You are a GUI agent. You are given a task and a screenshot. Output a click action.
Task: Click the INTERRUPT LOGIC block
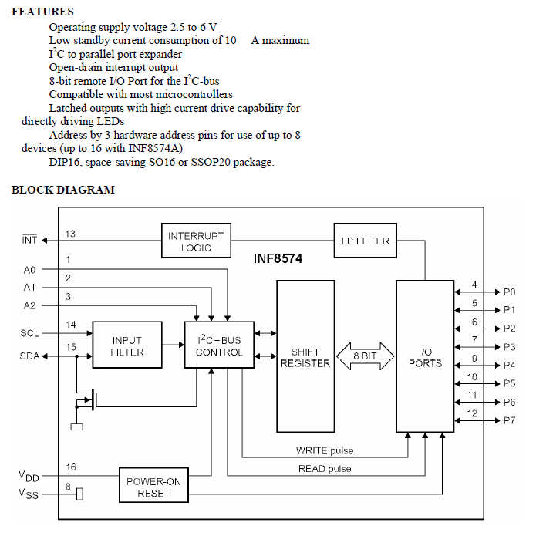[196, 241]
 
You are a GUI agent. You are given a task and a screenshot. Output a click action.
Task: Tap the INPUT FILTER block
[127, 346]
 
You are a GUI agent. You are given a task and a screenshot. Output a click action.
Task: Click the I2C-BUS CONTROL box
[218, 346]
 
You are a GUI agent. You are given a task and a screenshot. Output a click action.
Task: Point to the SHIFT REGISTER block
[305, 357]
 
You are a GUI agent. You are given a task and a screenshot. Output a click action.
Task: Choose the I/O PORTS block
[425, 356]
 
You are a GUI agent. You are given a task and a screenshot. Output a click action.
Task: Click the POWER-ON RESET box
[153, 487]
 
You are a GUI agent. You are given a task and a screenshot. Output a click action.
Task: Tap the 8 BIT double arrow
[365, 356]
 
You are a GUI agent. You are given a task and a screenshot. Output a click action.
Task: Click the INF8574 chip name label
[278, 260]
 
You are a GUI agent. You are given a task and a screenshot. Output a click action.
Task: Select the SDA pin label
[29, 356]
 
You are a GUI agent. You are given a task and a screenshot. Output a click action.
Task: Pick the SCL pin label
[29, 333]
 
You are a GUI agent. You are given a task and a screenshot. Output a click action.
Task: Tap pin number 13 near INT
[70, 234]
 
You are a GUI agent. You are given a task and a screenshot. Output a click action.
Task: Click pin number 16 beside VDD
[70, 467]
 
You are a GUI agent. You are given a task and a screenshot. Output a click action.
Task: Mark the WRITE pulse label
[325, 450]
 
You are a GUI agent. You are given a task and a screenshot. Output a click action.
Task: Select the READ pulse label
[324, 469]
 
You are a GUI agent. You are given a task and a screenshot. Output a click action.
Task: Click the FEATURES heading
[43, 12]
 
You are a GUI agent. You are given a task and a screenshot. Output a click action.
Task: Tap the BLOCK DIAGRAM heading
[63, 190]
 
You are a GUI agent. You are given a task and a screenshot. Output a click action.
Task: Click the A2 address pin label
[29, 305]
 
